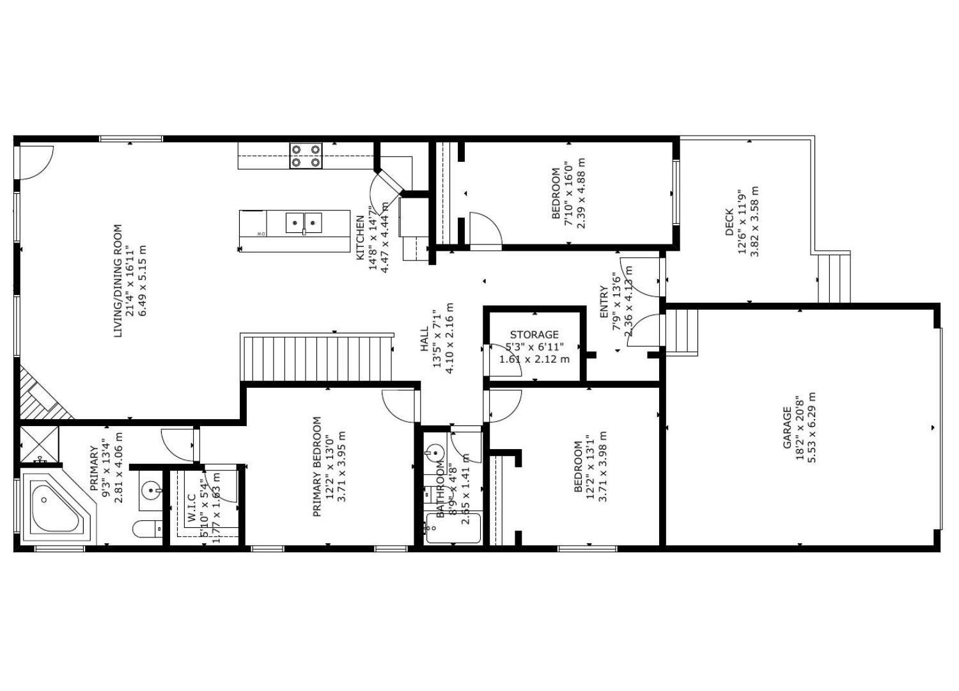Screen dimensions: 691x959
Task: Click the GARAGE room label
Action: point(787,427)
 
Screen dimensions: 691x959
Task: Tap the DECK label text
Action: point(729,222)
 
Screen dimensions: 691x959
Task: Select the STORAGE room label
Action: point(534,335)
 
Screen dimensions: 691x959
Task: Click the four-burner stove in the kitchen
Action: point(306,155)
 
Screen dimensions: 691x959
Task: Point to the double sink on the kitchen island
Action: point(304,223)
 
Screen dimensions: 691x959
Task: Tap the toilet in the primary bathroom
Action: point(146,529)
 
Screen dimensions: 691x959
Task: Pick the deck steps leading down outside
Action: point(834,278)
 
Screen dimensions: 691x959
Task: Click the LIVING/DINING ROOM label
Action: point(118,280)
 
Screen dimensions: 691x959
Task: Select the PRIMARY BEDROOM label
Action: point(316,466)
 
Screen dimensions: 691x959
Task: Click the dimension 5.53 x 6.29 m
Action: point(812,427)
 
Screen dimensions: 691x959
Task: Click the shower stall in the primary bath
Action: point(39,443)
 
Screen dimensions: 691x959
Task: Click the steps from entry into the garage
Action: point(682,331)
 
